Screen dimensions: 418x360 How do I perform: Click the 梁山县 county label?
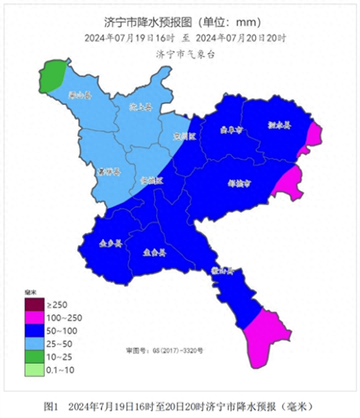(x=78, y=94)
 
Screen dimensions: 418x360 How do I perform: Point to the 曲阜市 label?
(x=230, y=131)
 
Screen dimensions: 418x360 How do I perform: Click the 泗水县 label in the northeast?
(x=279, y=124)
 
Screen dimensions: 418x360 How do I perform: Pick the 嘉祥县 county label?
(x=109, y=172)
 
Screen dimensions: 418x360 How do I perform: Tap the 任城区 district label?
(x=151, y=181)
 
